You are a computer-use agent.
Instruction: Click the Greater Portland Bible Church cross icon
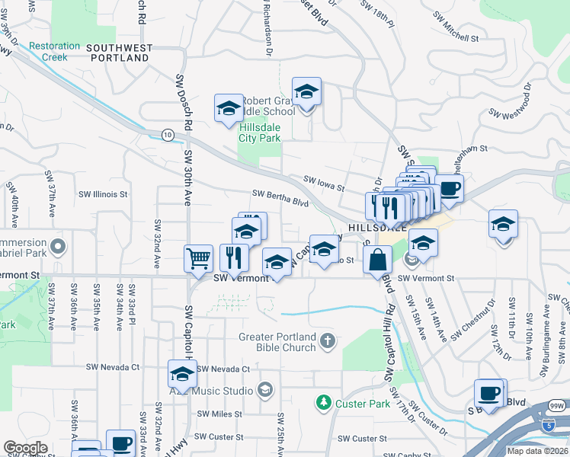click(x=328, y=340)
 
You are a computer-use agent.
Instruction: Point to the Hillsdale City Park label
click(x=260, y=133)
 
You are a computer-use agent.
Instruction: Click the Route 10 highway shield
click(x=167, y=134)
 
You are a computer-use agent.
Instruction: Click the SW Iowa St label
click(x=324, y=184)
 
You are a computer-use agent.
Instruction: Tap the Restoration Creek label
click(x=54, y=51)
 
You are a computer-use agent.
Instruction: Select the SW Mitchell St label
click(x=455, y=25)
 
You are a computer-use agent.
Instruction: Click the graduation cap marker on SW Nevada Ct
click(x=182, y=374)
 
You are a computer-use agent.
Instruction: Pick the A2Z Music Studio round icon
click(x=265, y=390)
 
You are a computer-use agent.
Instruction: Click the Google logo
click(x=25, y=447)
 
